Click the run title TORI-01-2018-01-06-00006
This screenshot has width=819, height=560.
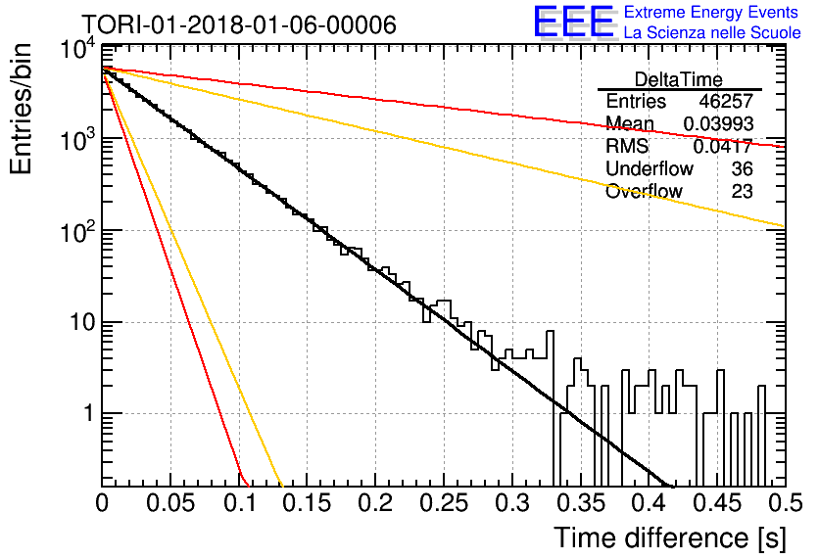(x=239, y=24)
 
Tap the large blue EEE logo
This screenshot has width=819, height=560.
(x=574, y=22)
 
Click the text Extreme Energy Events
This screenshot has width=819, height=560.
(x=711, y=12)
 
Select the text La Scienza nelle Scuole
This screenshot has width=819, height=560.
(x=712, y=32)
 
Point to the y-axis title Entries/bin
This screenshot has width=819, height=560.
(x=21, y=109)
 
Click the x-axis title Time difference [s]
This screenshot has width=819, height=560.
(x=670, y=537)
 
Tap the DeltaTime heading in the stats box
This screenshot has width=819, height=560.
(x=679, y=79)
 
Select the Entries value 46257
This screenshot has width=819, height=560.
(x=726, y=101)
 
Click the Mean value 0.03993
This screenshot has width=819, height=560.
(x=718, y=123)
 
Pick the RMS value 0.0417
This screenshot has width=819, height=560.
(x=723, y=146)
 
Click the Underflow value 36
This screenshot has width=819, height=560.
(x=742, y=168)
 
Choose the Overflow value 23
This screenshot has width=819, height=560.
(x=742, y=191)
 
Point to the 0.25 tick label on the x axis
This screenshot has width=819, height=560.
(x=444, y=503)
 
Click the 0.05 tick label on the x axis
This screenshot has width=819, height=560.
(x=170, y=503)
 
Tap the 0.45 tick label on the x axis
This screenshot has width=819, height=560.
(x=717, y=503)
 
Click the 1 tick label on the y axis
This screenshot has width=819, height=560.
(x=88, y=413)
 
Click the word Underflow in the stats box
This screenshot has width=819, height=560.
(x=650, y=168)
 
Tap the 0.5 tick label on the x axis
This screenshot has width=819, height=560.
(x=785, y=503)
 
